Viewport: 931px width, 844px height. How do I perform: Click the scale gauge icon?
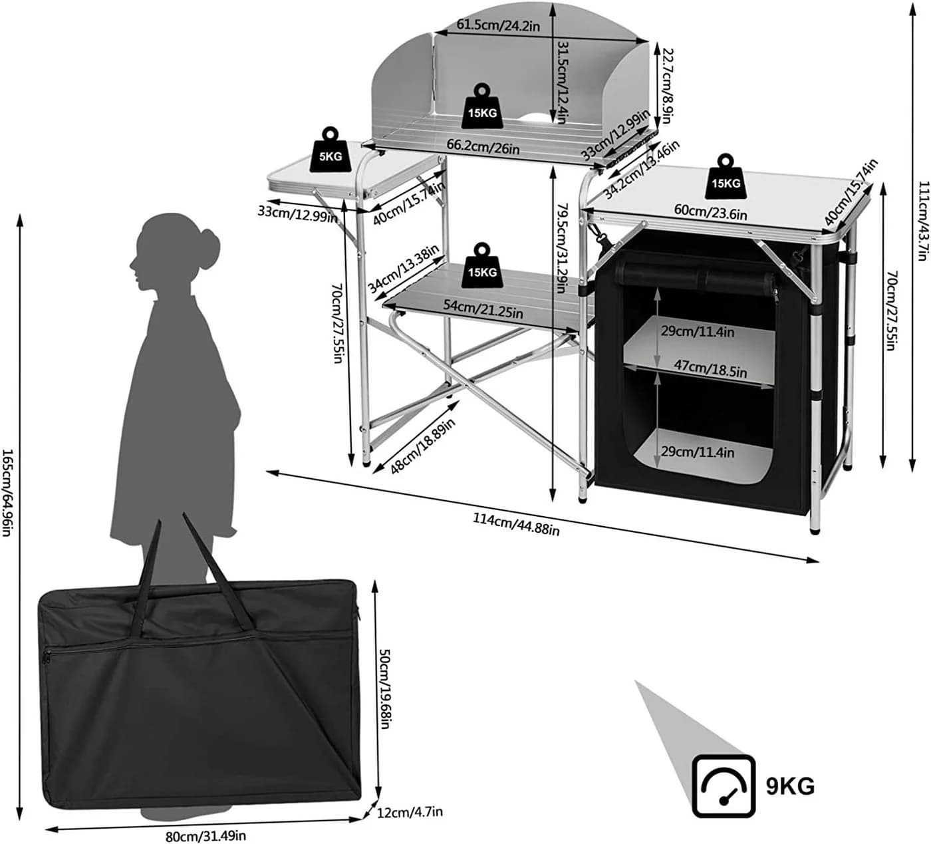pyautogui.click(x=724, y=786)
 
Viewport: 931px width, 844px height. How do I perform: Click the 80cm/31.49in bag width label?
pyautogui.click(x=205, y=835)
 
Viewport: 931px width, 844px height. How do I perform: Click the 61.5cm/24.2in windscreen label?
pyautogui.click(x=498, y=25)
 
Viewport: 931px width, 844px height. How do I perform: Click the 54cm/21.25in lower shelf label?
pyautogui.click(x=483, y=309)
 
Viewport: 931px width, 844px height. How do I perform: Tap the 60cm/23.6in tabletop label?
pyautogui.click(x=710, y=211)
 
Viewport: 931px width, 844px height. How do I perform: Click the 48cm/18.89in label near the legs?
pyautogui.click(x=422, y=446)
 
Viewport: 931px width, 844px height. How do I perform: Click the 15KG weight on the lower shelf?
pyautogui.click(x=482, y=266)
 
